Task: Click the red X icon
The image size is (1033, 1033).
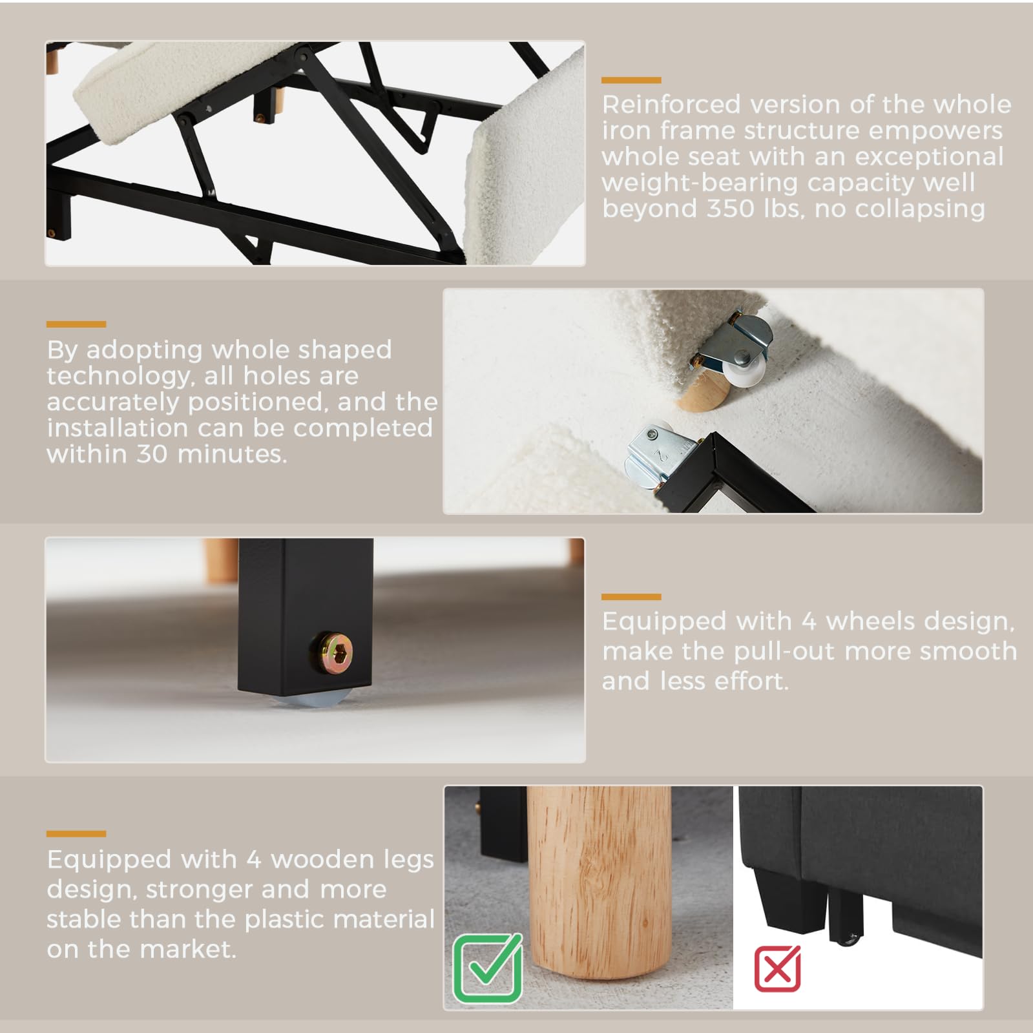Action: pos(777,968)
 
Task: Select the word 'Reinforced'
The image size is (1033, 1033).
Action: pos(671,105)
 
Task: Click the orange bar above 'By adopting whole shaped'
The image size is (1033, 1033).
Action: pos(76,324)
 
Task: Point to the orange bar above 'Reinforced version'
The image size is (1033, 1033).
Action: pos(631,80)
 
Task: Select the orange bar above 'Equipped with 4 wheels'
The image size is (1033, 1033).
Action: pos(631,597)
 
